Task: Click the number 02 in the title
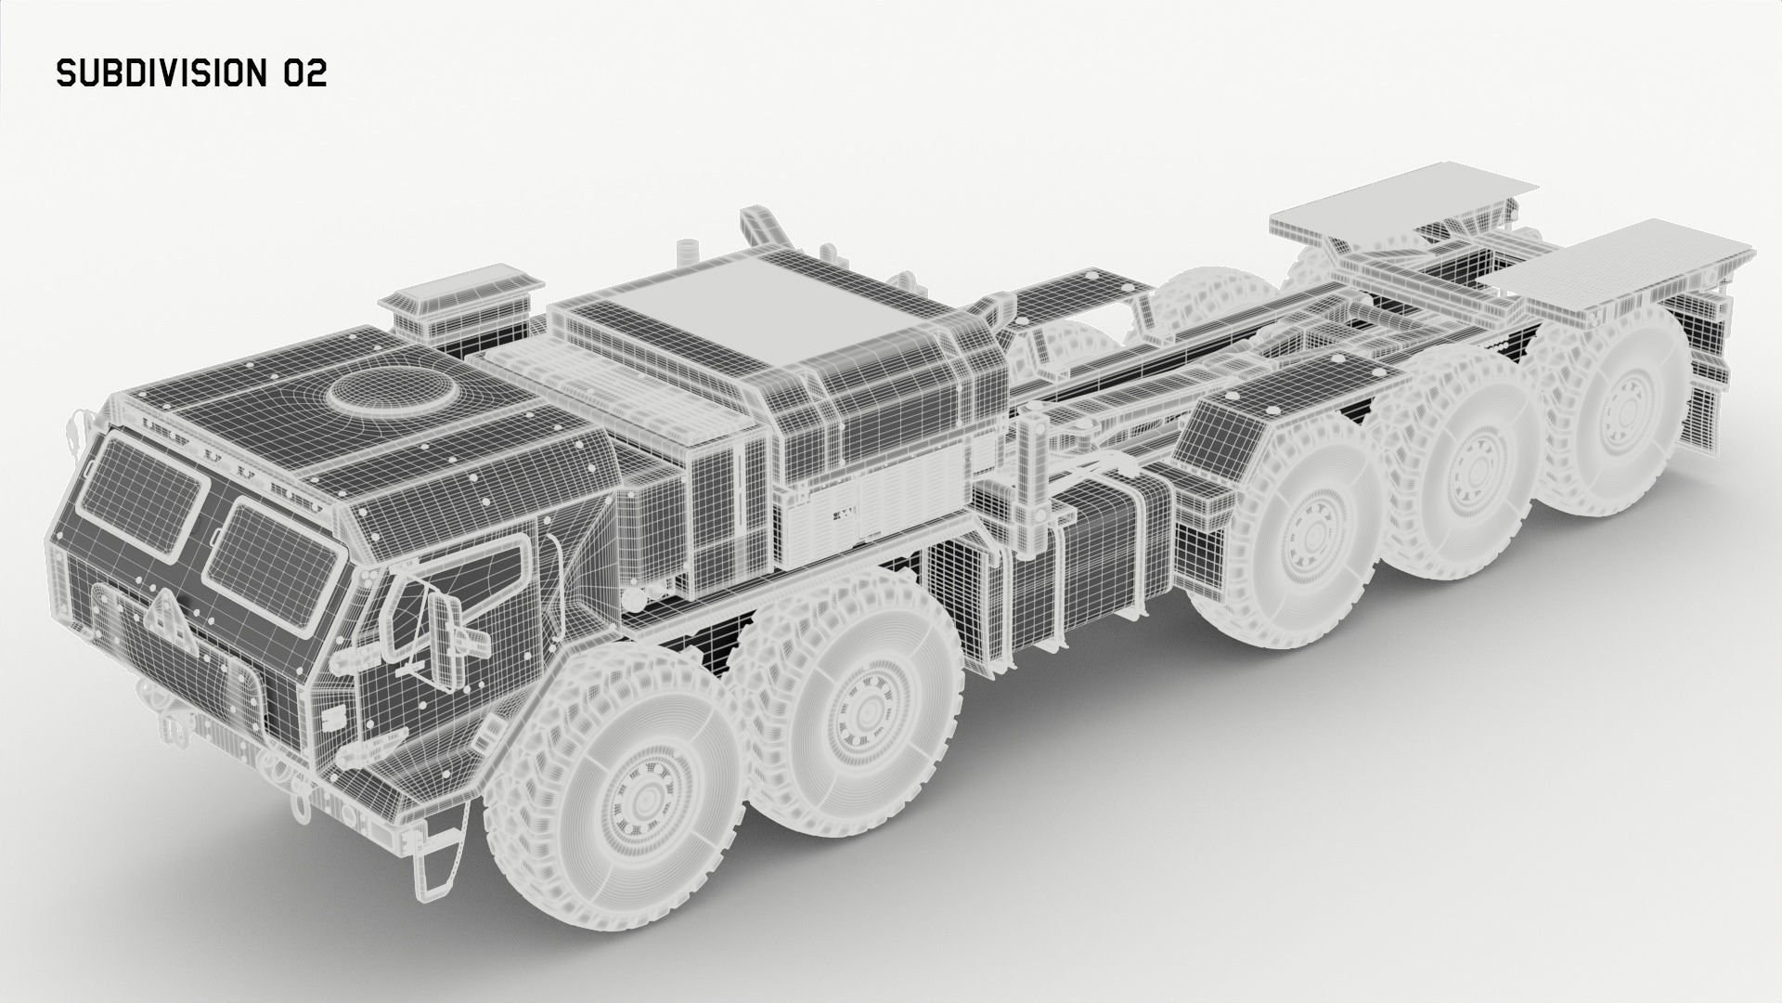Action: [x=305, y=74]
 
